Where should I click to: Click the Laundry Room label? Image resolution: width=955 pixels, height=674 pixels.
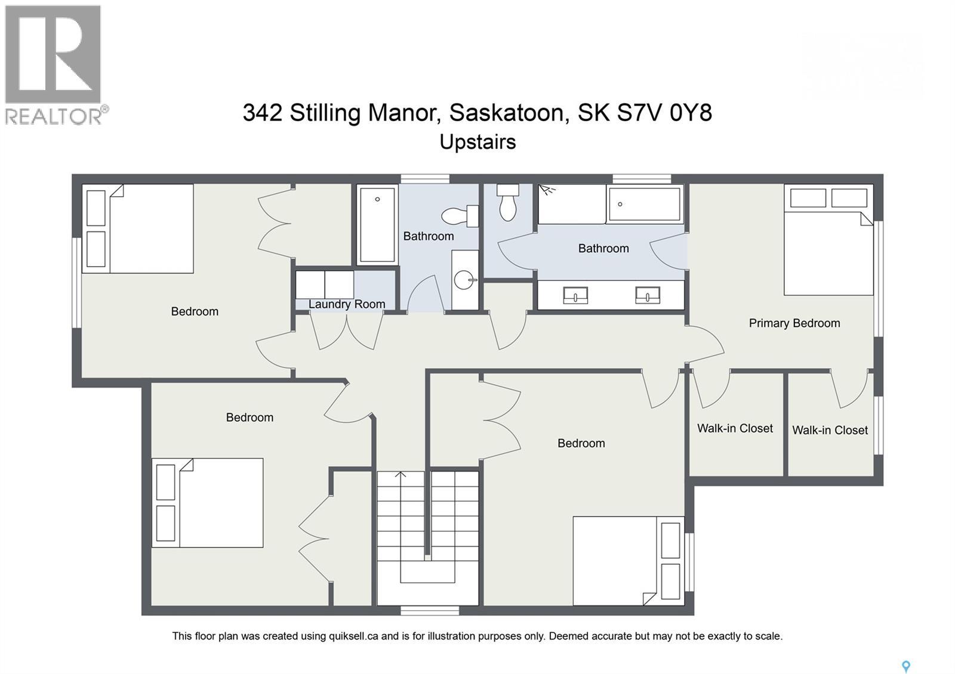pyautogui.click(x=347, y=304)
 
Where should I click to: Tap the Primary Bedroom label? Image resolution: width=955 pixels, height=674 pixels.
pyautogui.click(x=794, y=323)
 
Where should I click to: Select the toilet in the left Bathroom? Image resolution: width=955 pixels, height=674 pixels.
pyautogui.click(x=461, y=216)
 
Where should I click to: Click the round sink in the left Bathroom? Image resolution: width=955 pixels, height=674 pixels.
pyautogui.click(x=465, y=279)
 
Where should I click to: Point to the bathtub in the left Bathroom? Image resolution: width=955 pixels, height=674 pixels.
pyautogui.click(x=377, y=224)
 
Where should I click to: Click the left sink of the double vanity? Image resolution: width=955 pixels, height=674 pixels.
pyautogui.click(x=575, y=295)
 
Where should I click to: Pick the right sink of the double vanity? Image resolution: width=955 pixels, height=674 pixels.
pyautogui.click(x=648, y=295)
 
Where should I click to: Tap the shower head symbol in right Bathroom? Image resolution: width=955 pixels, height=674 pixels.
pyautogui.click(x=547, y=191)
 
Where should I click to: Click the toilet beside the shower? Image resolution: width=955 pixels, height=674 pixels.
pyautogui.click(x=508, y=203)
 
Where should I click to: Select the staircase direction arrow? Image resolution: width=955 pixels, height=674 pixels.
pyautogui.click(x=401, y=475)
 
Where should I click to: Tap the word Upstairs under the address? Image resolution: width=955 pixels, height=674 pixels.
pyautogui.click(x=478, y=142)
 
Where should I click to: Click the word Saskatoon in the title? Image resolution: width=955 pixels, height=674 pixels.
pyautogui.click(x=507, y=112)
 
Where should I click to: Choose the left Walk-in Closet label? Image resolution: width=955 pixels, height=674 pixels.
pyautogui.click(x=735, y=428)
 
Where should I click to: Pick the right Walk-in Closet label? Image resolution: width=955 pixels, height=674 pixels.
pyautogui.click(x=830, y=430)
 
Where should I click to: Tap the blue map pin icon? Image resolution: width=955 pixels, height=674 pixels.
pyautogui.click(x=905, y=666)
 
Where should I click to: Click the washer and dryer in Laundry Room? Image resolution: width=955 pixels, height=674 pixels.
pyautogui.click(x=325, y=285)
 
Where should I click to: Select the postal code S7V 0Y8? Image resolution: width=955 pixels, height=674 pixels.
pyautogui.click(x=664, y=112)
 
